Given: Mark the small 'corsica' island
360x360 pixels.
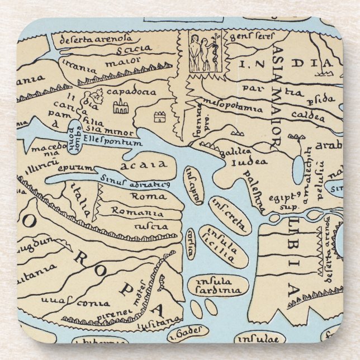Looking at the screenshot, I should tap(191, 243).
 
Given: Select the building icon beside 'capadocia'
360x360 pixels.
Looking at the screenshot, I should tap(119, 106).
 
